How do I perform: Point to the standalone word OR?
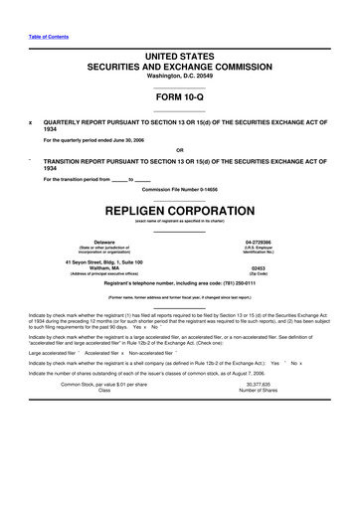[180, 150]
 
